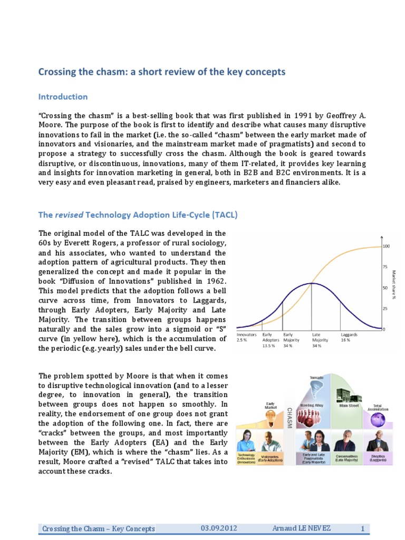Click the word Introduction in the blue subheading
(x=63, y=97)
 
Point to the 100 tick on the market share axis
(x=386, y=246)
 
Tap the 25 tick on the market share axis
(x=385, y=308)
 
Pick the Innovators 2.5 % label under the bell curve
(x=246, y=337)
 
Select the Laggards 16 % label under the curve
(x=350, y=337)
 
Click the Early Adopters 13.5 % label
(x=271, y=340)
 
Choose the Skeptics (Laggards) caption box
(x=377, y=458)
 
